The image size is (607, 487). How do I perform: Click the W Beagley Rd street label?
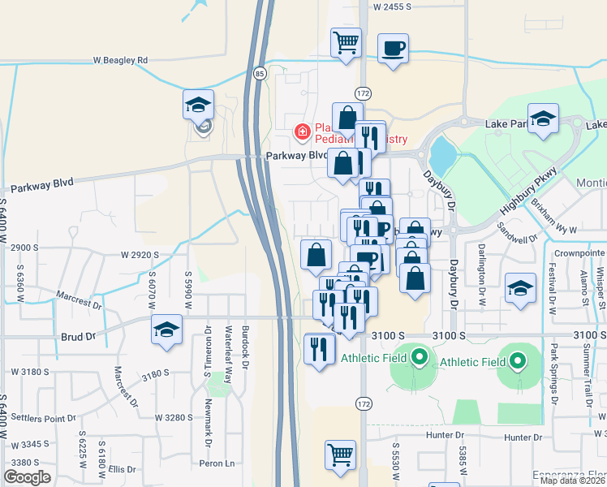[120, 60]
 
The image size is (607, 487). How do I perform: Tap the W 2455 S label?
[398, 6]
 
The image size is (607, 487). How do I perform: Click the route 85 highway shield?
[259, 73]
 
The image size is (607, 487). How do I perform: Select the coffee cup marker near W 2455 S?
[393, 49]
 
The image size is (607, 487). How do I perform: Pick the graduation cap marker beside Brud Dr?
[166, 330]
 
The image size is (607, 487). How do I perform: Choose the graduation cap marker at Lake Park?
[543, 119]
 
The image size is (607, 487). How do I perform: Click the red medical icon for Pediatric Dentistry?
[302, 131]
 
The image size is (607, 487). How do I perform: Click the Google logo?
[27, 477]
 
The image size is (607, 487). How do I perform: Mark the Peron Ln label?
[217, 463]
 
